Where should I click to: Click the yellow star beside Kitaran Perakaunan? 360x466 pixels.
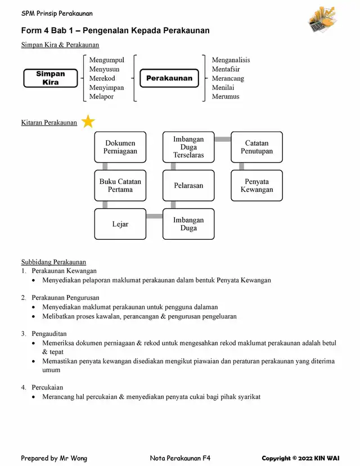pos(88,121)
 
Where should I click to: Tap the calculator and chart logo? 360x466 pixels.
pos(323,19)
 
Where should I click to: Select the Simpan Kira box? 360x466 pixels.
pos(51,78)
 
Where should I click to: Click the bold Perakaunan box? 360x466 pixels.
pos(169,78)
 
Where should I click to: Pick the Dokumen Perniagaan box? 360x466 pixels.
pos(120,147)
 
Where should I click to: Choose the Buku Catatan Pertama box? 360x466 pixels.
pos(120,186)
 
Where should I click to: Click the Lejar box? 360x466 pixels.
pos(120,224)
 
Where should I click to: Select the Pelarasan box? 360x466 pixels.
pos(188,186)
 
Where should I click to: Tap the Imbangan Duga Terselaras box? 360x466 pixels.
pos(188,147)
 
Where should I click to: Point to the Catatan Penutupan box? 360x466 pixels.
pos(257,147)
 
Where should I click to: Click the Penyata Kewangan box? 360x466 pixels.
pos(257,186)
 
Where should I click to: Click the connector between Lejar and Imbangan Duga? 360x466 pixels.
pos(155,216)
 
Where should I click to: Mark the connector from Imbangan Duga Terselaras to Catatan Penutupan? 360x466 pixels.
pos(223,139)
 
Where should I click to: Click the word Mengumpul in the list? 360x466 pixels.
pos(107,60)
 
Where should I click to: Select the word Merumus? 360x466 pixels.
pos(226,97)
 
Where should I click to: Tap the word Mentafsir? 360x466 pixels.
pos(226,69)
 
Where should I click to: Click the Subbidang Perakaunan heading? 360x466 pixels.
pos(53,262)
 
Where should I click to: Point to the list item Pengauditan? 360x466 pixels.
pos(49,334)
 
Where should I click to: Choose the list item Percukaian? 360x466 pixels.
pos(47,388)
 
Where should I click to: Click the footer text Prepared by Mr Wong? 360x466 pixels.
pos(54,458)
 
